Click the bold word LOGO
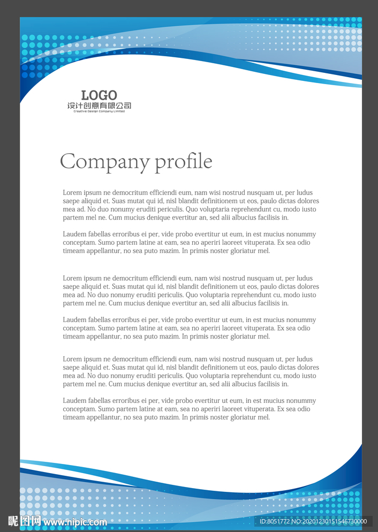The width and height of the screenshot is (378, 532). [99, 95]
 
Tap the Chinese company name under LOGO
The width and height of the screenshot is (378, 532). [99, 106]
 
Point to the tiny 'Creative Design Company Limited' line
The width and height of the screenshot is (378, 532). [99, 111]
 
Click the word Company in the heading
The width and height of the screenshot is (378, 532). [105, 162]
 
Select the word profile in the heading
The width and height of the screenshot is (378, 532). [184, 162]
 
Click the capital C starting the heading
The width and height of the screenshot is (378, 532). [67, 162]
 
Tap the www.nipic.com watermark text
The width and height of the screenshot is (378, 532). [75, 522]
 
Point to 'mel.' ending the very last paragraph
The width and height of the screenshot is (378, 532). [264, 417]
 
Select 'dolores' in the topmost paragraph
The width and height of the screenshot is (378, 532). [307, 201]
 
